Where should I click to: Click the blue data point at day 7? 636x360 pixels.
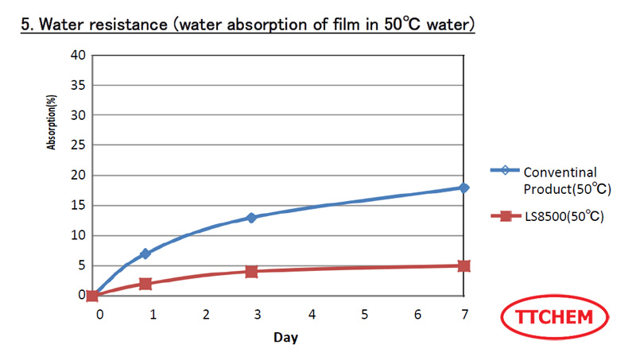(x=463, y=188)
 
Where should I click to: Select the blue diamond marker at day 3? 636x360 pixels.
(x=251, y=217)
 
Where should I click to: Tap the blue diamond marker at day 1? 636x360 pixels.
(x=145, y=254)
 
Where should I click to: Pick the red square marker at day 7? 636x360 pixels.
(x=463, y=265)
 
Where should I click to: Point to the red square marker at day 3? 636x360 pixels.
(x=251, y=271)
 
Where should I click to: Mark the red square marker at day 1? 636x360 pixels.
(x=145, y=284)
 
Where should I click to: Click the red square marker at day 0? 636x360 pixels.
(x=92, y=296)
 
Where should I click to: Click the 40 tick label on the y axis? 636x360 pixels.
(x=77, y=55)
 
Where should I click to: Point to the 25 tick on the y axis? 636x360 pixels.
(x=77, y=145)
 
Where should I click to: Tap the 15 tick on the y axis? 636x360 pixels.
(x=77, y=205)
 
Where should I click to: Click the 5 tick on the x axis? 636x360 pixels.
(x=365, y=315)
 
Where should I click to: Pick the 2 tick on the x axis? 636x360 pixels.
(x=206, y=315)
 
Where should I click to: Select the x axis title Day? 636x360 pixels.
(x=285, y=337)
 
